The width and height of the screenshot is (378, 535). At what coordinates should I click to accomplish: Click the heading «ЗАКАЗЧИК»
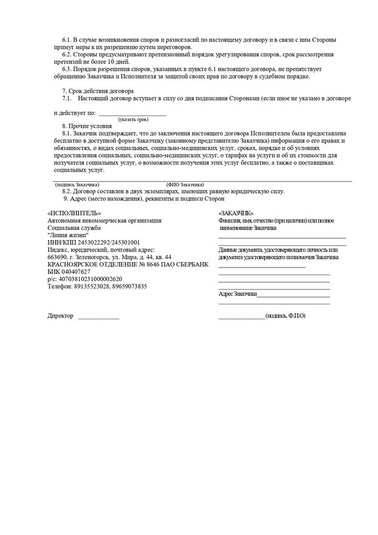coord(236,213)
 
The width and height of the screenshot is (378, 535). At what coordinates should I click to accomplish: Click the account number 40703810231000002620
coord(89,278)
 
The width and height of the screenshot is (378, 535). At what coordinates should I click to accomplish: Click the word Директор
coord(61,316)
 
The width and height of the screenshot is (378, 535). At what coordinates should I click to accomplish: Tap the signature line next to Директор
coord(98,317)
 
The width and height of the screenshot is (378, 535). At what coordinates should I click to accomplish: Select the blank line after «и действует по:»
coord(132,113)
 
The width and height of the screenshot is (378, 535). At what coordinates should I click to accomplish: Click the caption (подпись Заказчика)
coord(77,184)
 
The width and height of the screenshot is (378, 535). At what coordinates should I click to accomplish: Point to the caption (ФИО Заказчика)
coord(185,184)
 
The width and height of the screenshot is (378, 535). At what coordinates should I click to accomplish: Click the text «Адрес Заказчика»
coord(238,294)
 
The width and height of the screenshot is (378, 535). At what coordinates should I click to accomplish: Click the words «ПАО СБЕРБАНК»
coord(184,264)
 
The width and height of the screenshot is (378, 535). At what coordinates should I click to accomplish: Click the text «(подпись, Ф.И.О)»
coord(285,316)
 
